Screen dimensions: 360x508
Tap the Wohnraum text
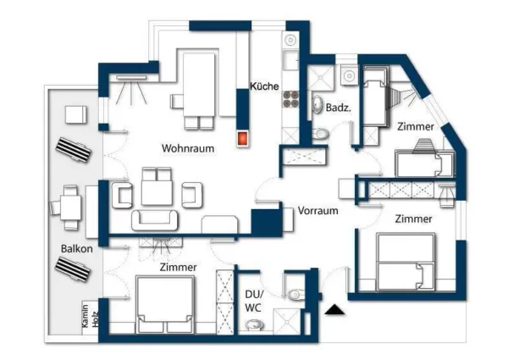click(187, 148)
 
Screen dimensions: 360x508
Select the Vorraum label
click(317, 211)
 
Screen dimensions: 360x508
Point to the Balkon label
click(76, 249)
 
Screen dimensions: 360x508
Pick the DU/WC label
click(252, 300)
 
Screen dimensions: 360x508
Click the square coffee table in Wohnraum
click(157, 191)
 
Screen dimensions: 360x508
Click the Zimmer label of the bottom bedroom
click(178, 268)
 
